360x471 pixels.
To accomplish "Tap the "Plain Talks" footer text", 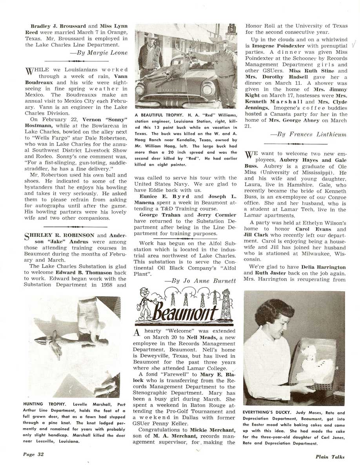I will (x=330, y=456).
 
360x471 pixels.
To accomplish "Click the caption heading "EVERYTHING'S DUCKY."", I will (x=267, y=413).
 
